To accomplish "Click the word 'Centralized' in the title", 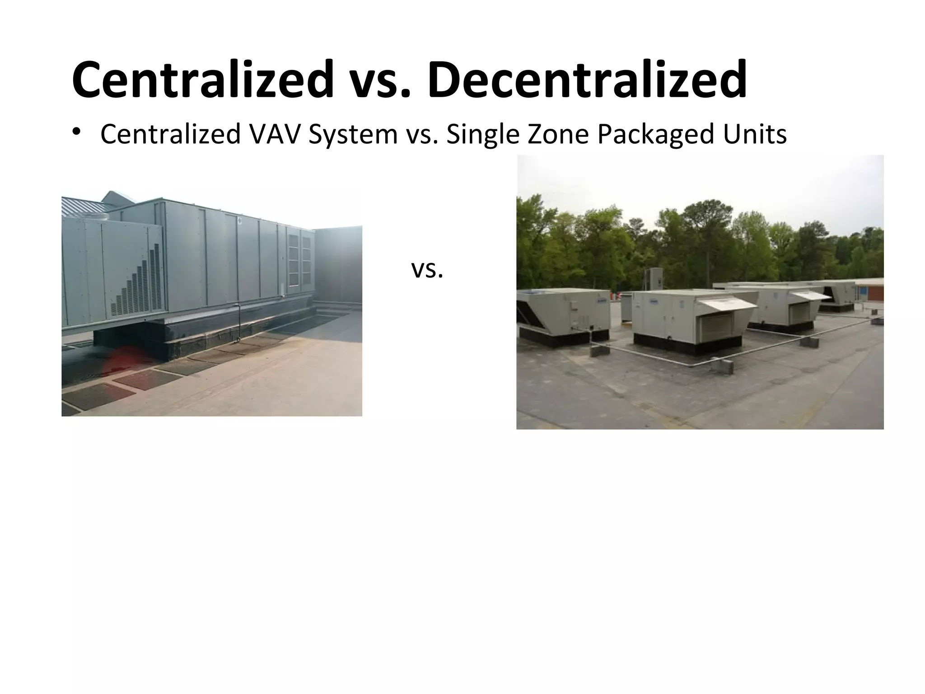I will pyautogui.click(x=202, y=80).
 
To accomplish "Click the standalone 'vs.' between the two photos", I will pyautogui.click(x=427, y=270).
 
